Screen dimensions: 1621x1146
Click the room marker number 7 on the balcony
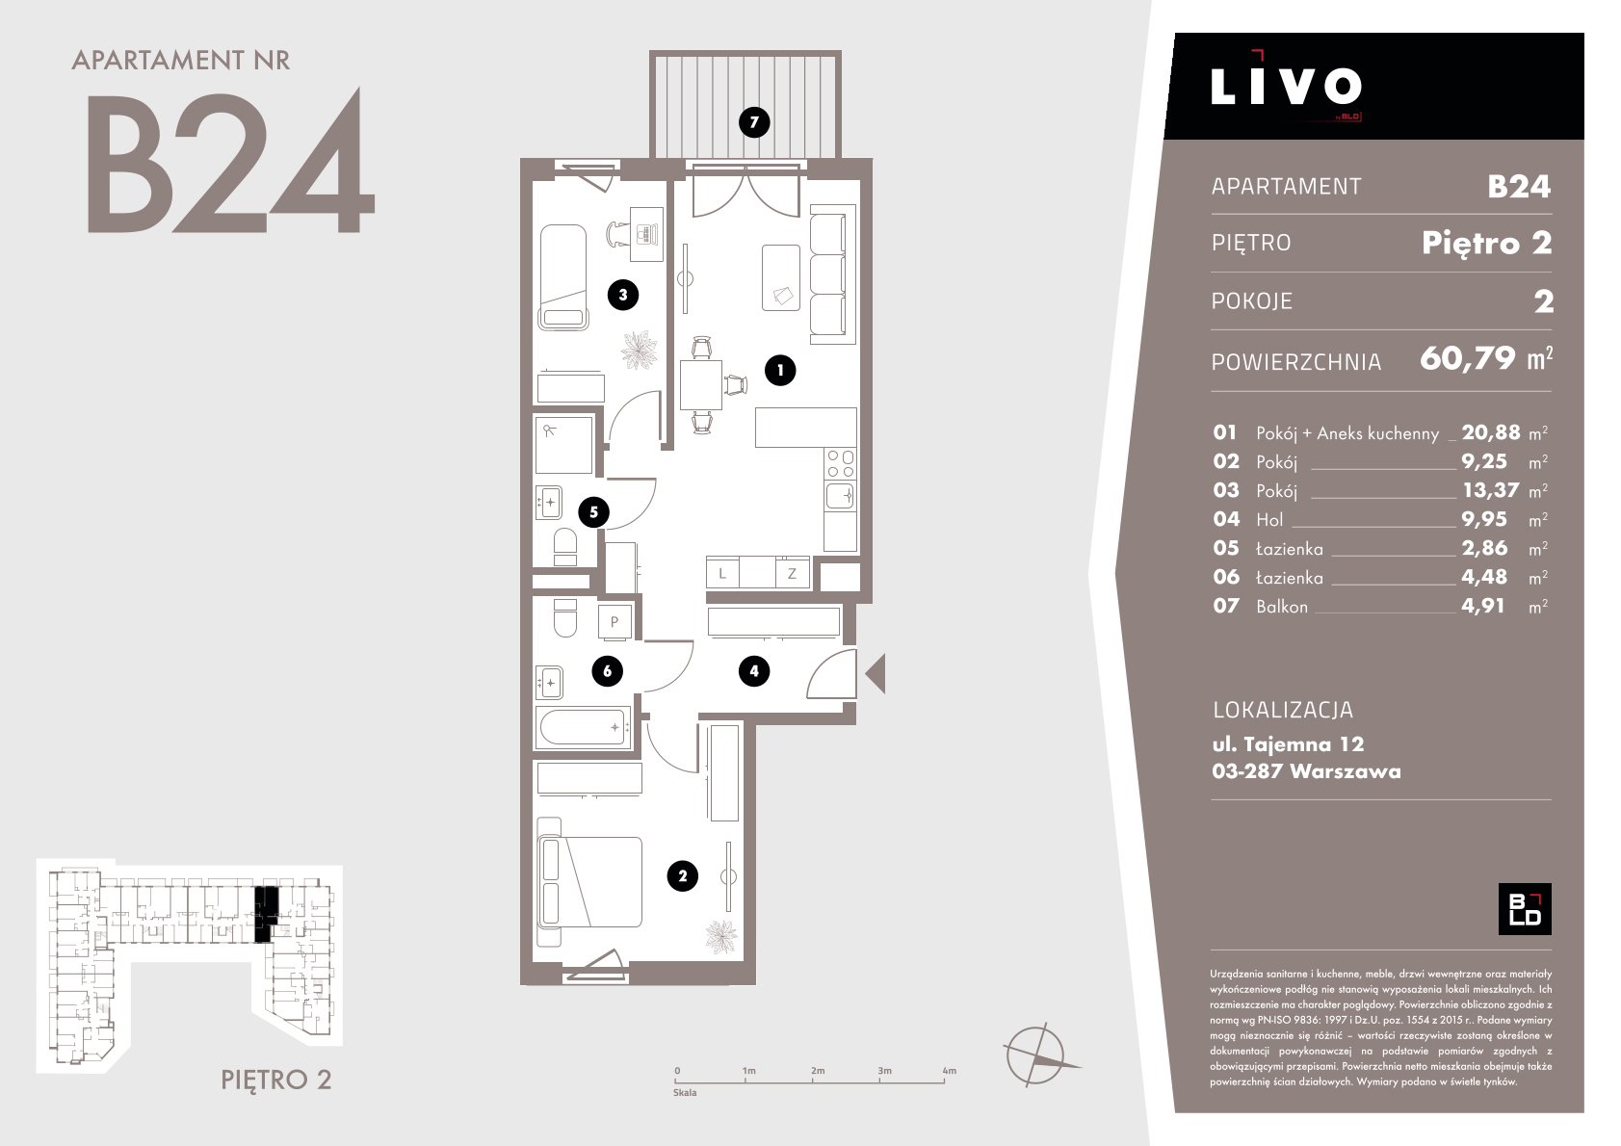tap(754, 122)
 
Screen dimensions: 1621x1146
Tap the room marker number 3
tap(622, 295)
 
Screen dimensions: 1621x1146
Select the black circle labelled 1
tap(780, 371)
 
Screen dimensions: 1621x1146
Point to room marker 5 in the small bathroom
tap(593, 512)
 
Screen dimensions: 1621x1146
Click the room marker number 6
tap(607, 670)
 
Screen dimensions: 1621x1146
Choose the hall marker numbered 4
tap(754, 670)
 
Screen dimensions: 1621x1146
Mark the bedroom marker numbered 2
tap(683, 876)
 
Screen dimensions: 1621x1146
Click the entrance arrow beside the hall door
tap(876, 673)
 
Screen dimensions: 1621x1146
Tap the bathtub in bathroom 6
tap(584, 727)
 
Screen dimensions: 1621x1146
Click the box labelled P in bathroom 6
tap(614, 621)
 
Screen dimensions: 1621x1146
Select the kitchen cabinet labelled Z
tap(793, 574)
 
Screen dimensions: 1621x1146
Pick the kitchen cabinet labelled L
tap(722, 574)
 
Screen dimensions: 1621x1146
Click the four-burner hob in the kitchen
tap(841, 464)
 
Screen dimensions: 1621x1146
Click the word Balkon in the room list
tap(1282, 607)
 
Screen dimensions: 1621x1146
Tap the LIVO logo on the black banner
tap(1286, 87)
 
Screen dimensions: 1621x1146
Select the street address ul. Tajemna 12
tap(1288, 744)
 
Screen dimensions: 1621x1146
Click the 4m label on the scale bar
tap(949, 1071)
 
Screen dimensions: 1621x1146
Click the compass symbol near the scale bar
tap(1037, 1055)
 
